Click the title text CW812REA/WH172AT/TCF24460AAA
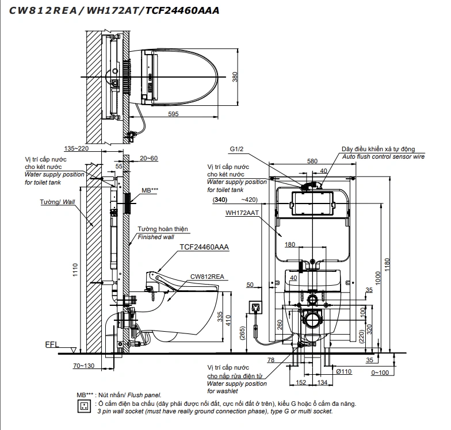(x=114, y=10)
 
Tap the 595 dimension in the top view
(x=174, y=114)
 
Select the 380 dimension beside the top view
(x=235, y=78)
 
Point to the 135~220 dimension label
(x=76, y=148)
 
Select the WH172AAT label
(x=242, y=213)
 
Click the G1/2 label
(x=238, y=149)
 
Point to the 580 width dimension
(x=312, y=162)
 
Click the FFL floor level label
(x=52, y=345)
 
